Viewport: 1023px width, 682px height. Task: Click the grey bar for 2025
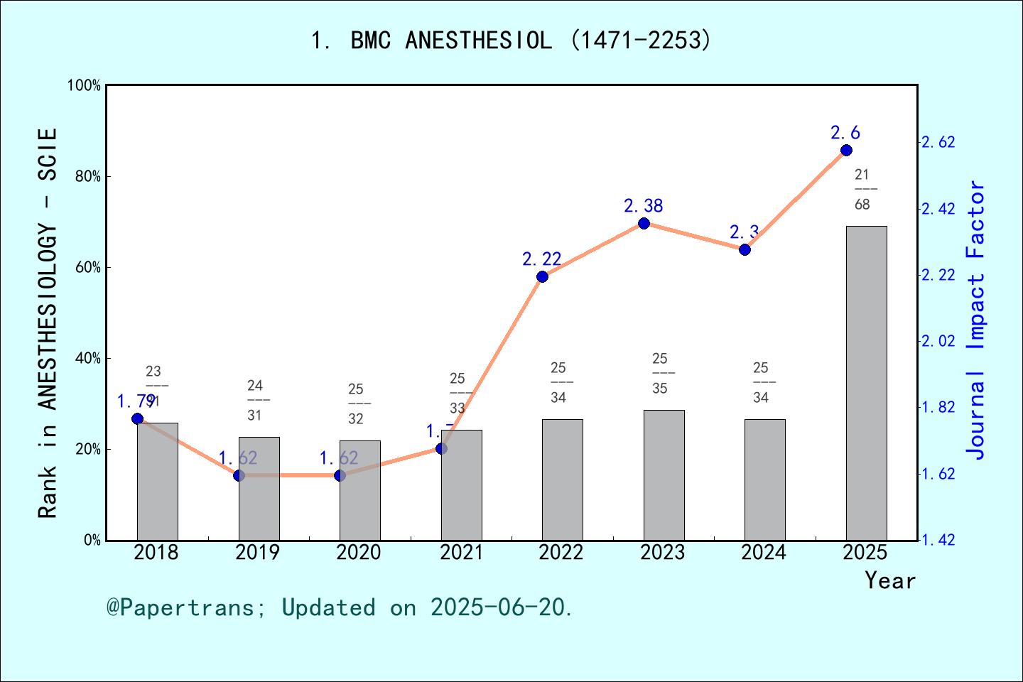866,383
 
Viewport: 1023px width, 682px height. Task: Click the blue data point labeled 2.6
846,150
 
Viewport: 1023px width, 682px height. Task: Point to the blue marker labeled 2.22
542,276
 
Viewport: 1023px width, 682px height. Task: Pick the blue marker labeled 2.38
644,223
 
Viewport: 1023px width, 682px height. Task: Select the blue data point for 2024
745,249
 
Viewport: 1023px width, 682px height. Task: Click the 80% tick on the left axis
88,176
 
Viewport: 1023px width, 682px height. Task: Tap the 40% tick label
88,358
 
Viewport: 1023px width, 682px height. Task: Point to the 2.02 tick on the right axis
938,341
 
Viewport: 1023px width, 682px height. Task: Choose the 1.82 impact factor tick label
938,407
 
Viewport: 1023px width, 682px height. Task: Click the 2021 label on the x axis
461,552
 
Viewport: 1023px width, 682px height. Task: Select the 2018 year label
156,552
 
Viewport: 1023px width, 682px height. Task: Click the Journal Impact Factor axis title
976,320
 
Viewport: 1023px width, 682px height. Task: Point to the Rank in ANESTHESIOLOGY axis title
47,323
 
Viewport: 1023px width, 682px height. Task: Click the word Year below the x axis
890,580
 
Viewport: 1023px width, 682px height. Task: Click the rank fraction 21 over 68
862,190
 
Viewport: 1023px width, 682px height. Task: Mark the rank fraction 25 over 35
660,374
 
